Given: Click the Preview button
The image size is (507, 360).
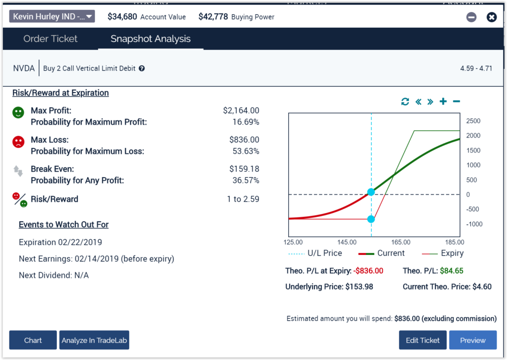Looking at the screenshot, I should pyautogui.click(x=472, y=340).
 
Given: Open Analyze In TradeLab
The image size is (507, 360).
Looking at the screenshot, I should pyautogui.click(x=94, y=340).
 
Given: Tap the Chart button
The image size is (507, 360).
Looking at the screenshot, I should pyautogui.click(x=33, y=340).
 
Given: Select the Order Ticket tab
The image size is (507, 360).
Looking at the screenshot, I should pyautogui.click(x=51, y=39).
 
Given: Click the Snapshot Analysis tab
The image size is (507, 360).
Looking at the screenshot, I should pyautogui.click(x=151, y=39).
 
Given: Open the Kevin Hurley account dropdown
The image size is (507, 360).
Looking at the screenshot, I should pyautogui.click(x=51, y=16).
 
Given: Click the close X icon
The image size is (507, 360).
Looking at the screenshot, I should pyautogui.click(x=491, y=17).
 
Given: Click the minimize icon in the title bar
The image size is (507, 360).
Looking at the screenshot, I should pyautogui.click(x=471, y=17).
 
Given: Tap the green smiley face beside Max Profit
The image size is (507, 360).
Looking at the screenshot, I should pyautogui.click(x=18, y=113).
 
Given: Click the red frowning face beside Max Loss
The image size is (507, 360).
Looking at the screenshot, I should pyautogui.click(x=18, y=142).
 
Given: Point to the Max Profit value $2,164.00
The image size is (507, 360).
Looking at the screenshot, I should pyautogui.click(x=241, y=110).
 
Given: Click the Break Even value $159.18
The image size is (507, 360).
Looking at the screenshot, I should pyautogui.click(x=241, y=169).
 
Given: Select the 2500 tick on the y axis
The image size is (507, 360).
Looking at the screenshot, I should pyautogui.click(x=473, y=121).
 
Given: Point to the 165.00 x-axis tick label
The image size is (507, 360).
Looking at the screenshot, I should pyautogui.click(x=401, y=242).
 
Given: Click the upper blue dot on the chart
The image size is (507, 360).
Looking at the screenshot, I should pyautogui.click(x=371, y=192).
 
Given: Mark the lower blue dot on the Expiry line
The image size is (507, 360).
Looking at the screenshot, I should pyautogui.click(x=371, y=219).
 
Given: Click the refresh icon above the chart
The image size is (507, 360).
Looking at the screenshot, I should pyautogui.click(x=405, y=102).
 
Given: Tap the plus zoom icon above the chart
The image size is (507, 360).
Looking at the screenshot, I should pyautogui.click(x=443, y=102).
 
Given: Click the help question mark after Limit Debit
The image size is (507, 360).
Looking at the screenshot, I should pyautogui.click(x=142, y=69).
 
